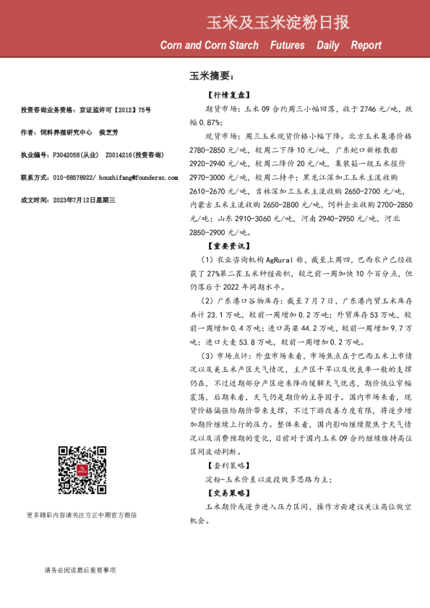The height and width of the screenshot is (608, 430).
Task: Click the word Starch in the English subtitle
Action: pyautogui.click(x=241, y=45)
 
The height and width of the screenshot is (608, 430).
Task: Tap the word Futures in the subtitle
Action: pyautogui.click(x=287, y=45)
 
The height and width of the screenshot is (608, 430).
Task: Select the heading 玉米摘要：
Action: pyautogui.click(x=210, y=75)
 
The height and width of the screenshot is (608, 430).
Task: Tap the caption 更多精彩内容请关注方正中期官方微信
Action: pyautogui.click(x=81, y=515)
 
